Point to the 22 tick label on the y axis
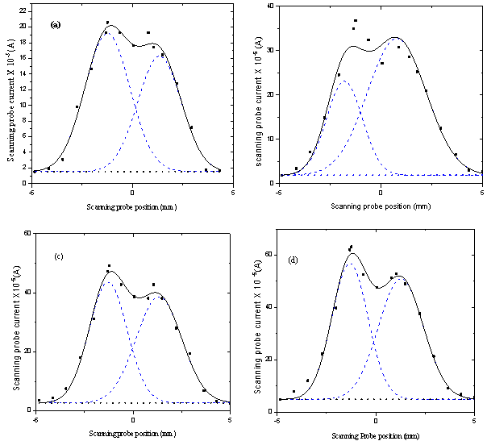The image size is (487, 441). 25,10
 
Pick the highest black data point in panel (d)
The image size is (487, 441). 351,247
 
